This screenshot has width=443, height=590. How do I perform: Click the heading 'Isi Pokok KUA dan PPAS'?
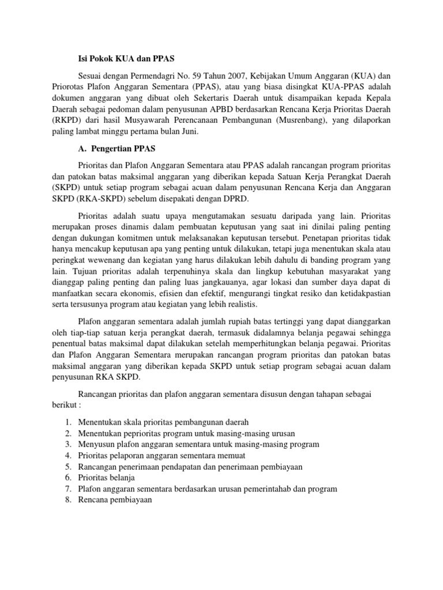(x=126, y=58)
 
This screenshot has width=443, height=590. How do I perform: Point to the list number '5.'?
(x=68, y=467)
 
